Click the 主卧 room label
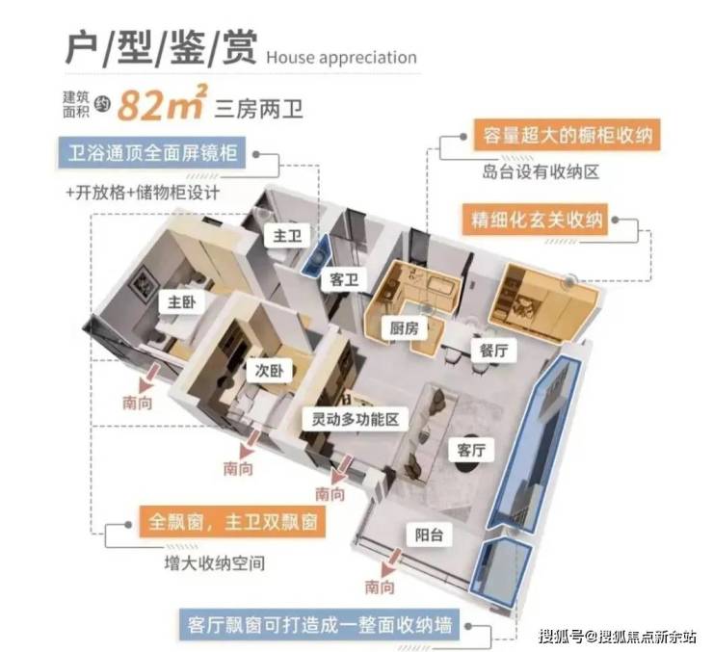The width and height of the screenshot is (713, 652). point(181,302)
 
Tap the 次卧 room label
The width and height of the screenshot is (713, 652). point(269,371)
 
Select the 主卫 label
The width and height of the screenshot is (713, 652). point(287,236)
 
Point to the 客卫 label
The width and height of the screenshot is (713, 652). point(344,279)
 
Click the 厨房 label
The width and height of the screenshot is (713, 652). point(405,327)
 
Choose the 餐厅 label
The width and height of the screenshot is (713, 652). point(494,351)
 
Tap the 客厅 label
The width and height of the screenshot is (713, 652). point(471,451)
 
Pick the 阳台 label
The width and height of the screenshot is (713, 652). point(429,535)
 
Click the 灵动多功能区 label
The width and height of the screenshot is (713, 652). point(356,419)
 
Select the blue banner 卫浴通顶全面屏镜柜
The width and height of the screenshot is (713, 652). point(152,153)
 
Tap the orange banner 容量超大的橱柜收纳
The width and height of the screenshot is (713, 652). point(568,135)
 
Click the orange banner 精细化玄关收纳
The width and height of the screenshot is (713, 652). point(535,221)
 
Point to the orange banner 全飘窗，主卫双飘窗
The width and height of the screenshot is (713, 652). point(232,522)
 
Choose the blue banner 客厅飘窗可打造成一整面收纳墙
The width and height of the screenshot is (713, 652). point(319,625)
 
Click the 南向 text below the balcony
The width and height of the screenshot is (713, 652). point(380,587)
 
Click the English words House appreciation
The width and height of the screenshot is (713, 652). point(341,58)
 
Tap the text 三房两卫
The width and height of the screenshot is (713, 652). point(259,109)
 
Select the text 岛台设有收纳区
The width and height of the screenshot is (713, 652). point(541,172)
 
